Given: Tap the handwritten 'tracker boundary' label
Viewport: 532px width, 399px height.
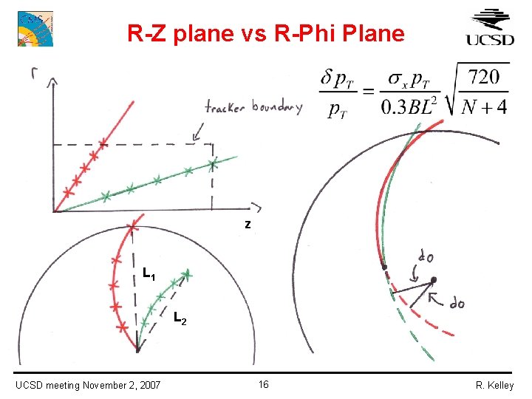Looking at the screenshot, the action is point(253,108).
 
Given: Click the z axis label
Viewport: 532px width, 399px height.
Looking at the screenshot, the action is point(248,225).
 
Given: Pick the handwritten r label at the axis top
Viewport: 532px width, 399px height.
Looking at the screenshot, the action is point(34,72).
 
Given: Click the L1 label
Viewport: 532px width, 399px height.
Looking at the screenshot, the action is point(149,276).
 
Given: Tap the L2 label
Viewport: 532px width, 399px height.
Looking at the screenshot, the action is point(180,319).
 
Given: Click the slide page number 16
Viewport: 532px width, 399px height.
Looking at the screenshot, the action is point(264,384).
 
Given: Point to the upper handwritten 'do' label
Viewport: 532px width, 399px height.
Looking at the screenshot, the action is point(426,256).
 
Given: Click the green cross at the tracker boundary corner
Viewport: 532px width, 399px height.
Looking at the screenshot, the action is point(214,163).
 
